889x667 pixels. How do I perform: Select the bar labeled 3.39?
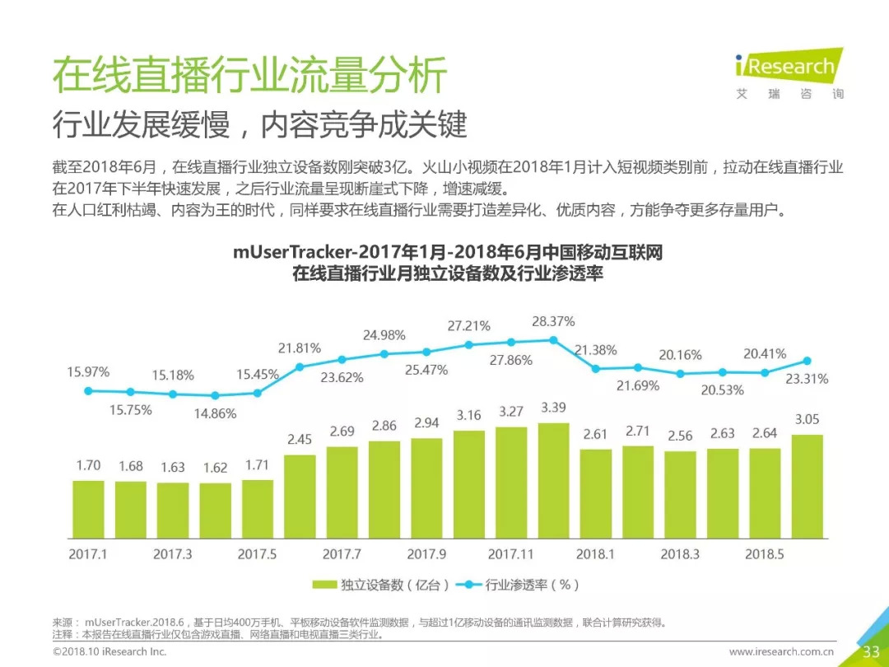[x=553, y=481]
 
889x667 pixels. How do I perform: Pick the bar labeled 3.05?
[x=807, y=487]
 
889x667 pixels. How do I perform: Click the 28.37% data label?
[x=553, y=321]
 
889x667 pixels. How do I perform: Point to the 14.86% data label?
[x=214, y=414]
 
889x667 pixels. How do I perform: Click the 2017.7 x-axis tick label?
[x=342, y=554]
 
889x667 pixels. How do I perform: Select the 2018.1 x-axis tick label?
[x=595, y=554]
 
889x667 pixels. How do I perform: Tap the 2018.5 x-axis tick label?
[x=765, y=554]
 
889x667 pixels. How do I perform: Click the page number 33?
[x=871, y=652]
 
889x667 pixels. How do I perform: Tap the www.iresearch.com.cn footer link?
[x=781, y=652]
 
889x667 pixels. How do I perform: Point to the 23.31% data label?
[x=806, y=380]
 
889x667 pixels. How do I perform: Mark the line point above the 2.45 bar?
[x=300, y=367]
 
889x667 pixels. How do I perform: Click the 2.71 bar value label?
[x=638, y=431]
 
